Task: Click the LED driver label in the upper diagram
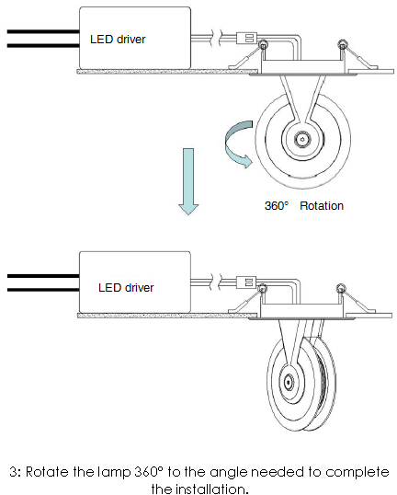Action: (118, 40)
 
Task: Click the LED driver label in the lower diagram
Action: (126, 288)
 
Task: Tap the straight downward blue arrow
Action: (188, 181)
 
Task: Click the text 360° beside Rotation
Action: (277, 206)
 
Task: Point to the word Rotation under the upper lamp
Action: (322, 206)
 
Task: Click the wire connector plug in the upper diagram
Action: (246, 39)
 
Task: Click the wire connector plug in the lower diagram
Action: (246, 282)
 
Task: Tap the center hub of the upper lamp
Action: (302, 139)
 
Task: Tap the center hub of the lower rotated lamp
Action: (289, 383)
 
